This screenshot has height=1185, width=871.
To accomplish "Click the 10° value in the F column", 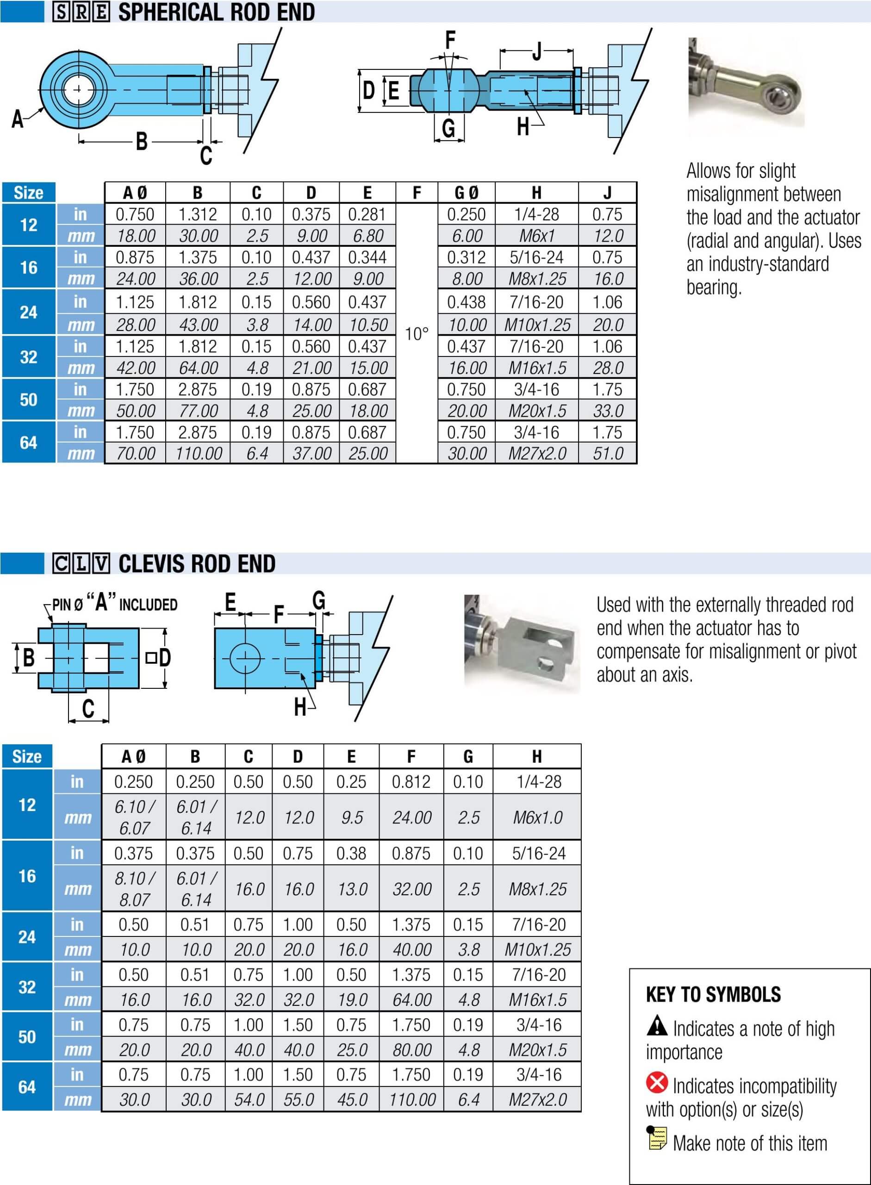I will click(417, 334).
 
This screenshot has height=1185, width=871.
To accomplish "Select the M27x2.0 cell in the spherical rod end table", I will click(537, 454).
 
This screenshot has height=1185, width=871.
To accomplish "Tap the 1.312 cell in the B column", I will click(197, 215).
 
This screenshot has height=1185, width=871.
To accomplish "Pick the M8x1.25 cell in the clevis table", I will click(537, 889).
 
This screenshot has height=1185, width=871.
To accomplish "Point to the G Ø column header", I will click(466, 193).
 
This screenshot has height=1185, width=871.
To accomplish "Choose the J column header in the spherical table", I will click(607, 193).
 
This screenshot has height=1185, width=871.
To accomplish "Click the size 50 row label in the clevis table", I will click(27, 1037).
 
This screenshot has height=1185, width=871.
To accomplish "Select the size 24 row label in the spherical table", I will click(29, 312).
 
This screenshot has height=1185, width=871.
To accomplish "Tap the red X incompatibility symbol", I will click(656, 1083).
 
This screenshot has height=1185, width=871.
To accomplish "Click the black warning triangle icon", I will click(656, 1026).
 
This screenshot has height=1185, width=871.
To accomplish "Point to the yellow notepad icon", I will click(657, 1138).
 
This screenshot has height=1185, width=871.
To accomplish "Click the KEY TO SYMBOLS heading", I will click(713, 995).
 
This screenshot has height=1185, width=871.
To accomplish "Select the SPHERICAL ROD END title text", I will click(216, 12).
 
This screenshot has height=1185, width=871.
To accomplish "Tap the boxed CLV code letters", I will click(81, 564).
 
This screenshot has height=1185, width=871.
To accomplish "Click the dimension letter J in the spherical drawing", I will click(537, 52).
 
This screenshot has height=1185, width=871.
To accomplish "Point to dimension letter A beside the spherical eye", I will click(18, 119).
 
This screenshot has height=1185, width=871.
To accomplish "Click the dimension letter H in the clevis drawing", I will click(300, 707).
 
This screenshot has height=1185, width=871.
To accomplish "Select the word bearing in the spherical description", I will click(713, 287).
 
